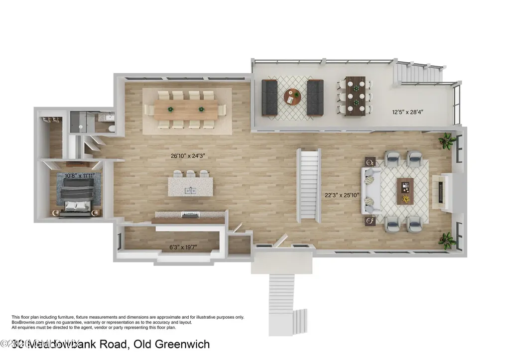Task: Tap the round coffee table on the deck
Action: tap(292, 97)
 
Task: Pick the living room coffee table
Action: tap(405, 191)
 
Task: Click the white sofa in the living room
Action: tap(372, 191)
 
